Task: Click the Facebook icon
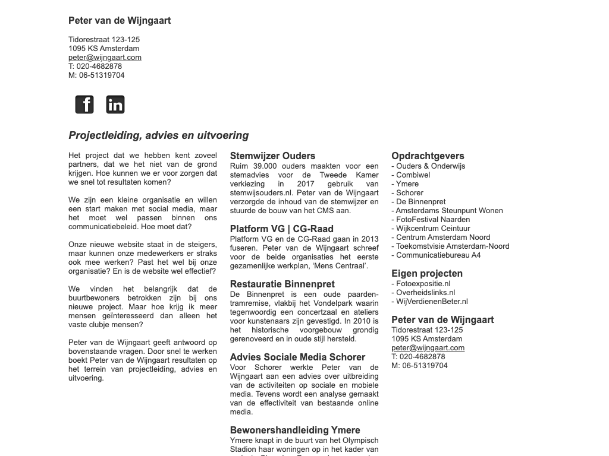click(x=84, y=104)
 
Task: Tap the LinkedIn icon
click(x=115, y=104)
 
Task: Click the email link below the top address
click(x=105, y=58)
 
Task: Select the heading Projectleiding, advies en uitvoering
click(x=159, y=135)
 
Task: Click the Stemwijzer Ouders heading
click(x=272, y=156)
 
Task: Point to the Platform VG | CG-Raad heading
click(x=281, y=229)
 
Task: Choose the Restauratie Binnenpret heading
click(x=282, y=284)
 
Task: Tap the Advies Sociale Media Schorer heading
click(x=297, y=357)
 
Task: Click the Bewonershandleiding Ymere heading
click(x=295, y=430)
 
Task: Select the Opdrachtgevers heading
click(x=428, y=156)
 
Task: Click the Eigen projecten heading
click(x=427, y=274)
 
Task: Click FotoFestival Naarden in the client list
click(x=432, y=220)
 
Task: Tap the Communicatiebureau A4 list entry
click(x=438, y=255)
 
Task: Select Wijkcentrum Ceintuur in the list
click(x=432, y=229)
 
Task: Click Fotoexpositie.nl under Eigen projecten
click(x=423, y=284)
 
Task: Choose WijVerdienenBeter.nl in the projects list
click(x=432, y=302)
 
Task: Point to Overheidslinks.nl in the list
click(x=425, y=293)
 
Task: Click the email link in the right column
click(x=428, y=348)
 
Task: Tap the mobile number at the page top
click(x=96, y=75)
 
